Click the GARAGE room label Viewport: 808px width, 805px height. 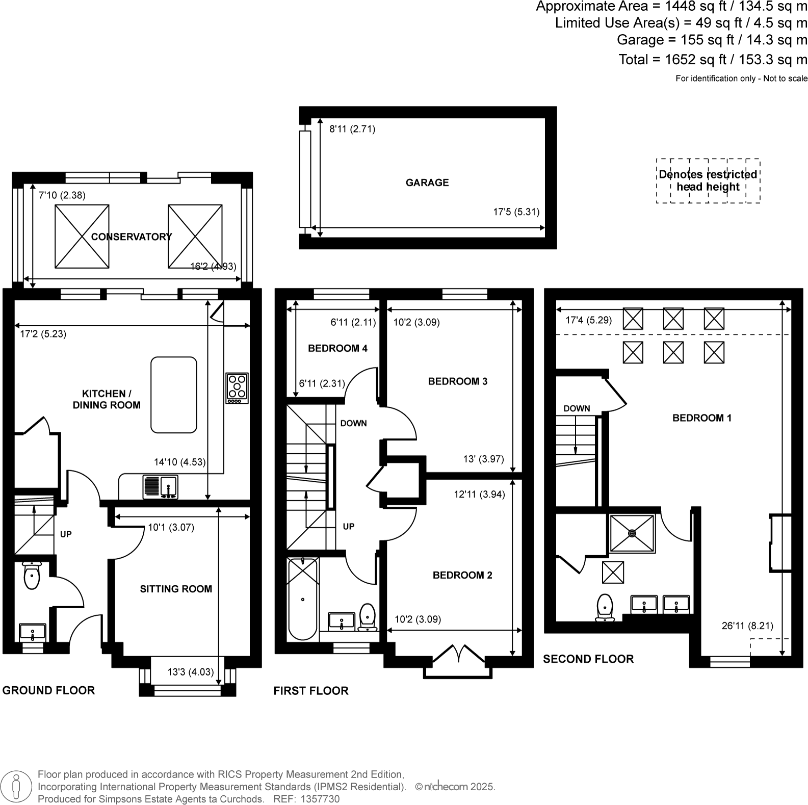pyautogui.click(x=427, y=183)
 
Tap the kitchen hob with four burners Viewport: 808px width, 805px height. pyautogui.click(x=237, y=388)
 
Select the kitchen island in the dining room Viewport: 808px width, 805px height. pyautogui.click(x=174, y=395)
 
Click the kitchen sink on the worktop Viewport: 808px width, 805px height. pyautogui.click(x=161, y=486)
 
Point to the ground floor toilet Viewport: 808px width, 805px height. pyautogui.click(x=32, y=576)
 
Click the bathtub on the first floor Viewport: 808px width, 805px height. pyautogui.click(x=303, y=599)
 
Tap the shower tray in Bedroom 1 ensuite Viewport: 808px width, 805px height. pyautogui.click(x=632, y=533)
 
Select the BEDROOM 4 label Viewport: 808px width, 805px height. pyautogui.click(x=337, y=348)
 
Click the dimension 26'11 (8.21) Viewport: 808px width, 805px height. pyautogui.click(x=747, y=626)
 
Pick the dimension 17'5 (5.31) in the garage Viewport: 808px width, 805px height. pyautogui.click(x=516, y=212)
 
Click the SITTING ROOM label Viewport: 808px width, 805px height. pyautogui.click(x=176, y=589)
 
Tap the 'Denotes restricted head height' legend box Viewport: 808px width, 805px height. pyautogui.click(x=708, y=180)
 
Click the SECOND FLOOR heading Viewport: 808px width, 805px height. pyautogui.click(x=588, y=659)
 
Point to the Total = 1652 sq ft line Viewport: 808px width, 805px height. pyautogui.click(x=712, y=60)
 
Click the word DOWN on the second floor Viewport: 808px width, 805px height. pyautogui.click(x=577, y=408)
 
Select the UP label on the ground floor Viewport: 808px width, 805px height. pyautogui.click(x=66, y=534)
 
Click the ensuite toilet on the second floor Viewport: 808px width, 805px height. pyautogui.click(x=605, y=607)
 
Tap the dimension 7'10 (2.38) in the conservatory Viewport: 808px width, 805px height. pyautogui.click(x=62, y=195)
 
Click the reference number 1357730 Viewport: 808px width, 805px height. pyautogui.click(x=321, y=799)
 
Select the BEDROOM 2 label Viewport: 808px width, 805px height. pyautogui.click(x=462, y=575)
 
